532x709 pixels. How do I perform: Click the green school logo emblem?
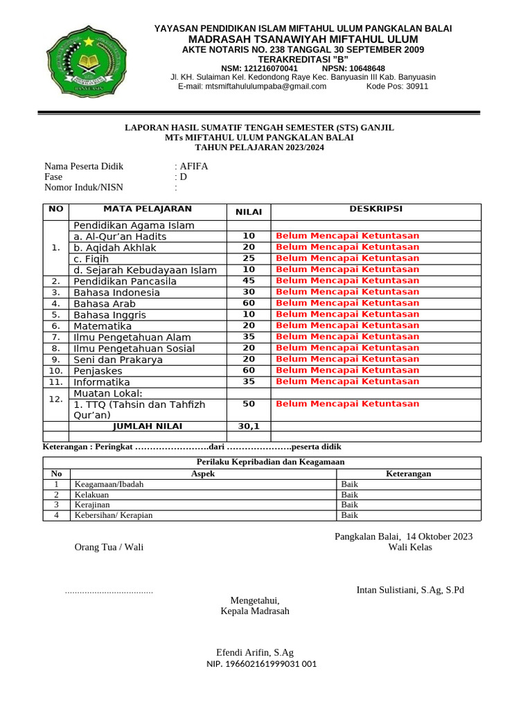[x=89, y=61]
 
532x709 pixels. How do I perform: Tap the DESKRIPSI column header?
[x=375, y=209]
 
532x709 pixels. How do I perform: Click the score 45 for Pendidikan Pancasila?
[x=249, y=281]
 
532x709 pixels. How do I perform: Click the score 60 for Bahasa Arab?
[x=249, y=303]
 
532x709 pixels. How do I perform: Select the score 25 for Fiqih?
[x=249, y=258]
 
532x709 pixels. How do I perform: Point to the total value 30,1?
[x=249, y=427]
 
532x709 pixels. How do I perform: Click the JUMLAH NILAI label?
[x=148, y=426]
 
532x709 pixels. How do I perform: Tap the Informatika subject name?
[x=102, y=382]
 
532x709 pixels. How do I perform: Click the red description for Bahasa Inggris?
[x=347, y=314]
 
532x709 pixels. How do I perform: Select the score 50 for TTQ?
[x=249, y=404]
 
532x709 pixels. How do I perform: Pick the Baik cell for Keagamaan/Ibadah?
[x=350, y=485]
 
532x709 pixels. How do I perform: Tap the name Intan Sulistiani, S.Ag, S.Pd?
[x=410, y=590]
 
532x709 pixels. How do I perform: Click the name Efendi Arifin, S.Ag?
[x=255, y=652]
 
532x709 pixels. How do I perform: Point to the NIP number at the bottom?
[x=261, y=664]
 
